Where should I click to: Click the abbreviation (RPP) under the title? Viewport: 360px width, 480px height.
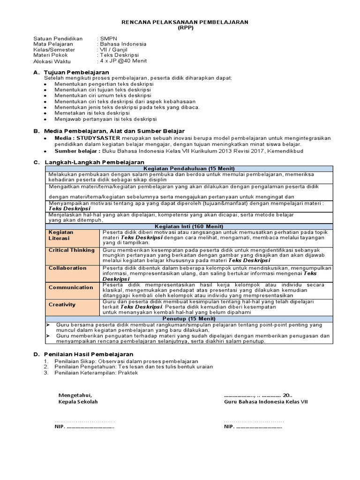pyautogui.click(x=185, y=28)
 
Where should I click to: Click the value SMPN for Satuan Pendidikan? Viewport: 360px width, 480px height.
pyautogui.click(x=108, y=38)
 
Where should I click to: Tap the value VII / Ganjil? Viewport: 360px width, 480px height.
pyautogui.click(x=113, y=50)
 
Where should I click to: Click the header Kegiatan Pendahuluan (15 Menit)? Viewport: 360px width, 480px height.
pyautogui.click(x=189, y=169)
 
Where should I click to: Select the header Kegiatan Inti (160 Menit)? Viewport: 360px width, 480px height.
pyautogui.click(x=189, y=226)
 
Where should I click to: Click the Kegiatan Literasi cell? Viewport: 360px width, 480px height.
pyautogui.click(x=61, y=235)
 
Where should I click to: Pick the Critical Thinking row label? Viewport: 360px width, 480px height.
pyautogui.click(x=72, y=250)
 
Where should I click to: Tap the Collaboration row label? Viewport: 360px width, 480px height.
pyautogui.click(x=68, y=268)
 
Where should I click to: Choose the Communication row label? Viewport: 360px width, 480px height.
pyautogui.click(x=71, y=287)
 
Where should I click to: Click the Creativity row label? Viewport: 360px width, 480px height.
pyautogui.click(x=62, y=305)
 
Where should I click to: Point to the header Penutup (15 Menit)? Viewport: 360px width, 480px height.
pyautogui.click(x=189, y=319)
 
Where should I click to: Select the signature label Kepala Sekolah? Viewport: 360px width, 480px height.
pyautogui.click(x=78, y=402)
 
